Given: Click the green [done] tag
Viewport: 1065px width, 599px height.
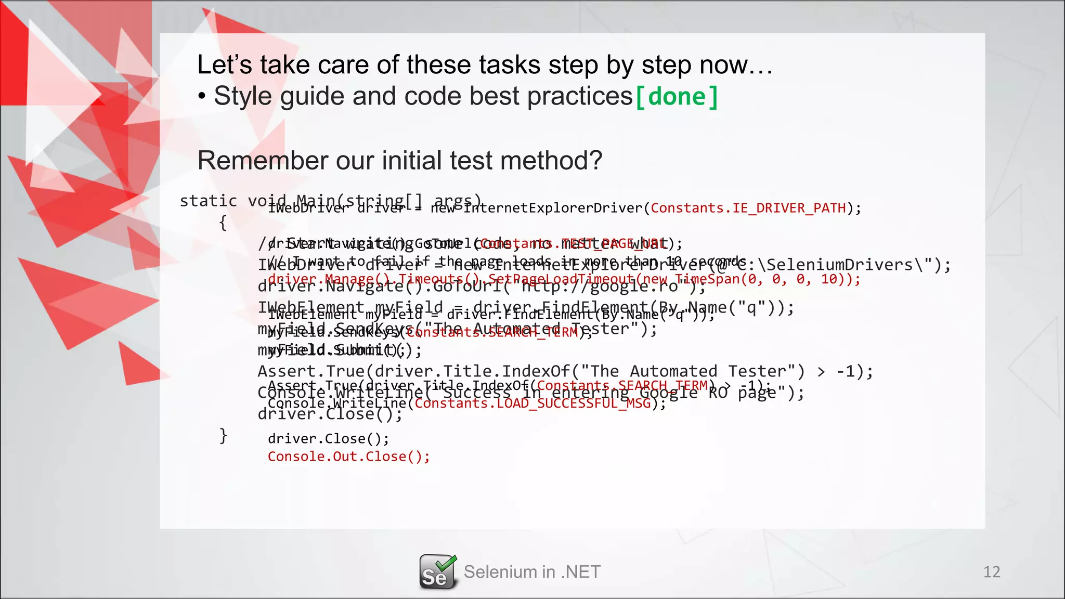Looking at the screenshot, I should (677, 97).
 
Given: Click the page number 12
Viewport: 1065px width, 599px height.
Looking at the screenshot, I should (991, 572).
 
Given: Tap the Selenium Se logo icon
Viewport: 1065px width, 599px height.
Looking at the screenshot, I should (437, 572).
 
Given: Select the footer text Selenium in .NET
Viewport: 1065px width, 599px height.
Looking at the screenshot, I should (532, 572).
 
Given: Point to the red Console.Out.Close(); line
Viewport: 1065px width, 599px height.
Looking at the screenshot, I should (348, 457).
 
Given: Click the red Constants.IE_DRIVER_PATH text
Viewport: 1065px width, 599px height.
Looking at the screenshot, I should (748, 208).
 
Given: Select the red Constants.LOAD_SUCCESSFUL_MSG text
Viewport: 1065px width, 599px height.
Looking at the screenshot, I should (532, 403).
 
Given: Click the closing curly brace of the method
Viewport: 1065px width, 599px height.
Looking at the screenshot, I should (223, 435).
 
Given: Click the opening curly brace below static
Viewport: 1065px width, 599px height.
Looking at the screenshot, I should (223, 223).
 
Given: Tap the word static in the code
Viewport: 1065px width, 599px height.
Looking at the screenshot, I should (208, 201).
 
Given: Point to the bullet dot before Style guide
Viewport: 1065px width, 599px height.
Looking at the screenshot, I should (202, 97).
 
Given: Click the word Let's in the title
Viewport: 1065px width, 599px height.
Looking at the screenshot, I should (225, 65).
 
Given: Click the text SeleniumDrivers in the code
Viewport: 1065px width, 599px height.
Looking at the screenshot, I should (839, 265).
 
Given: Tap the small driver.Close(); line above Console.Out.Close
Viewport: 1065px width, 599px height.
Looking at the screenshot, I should (328, 439).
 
